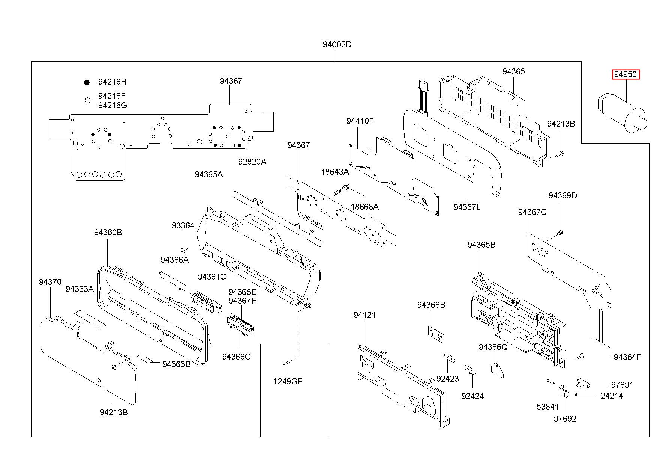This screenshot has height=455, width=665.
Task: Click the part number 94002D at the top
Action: click(x=337, y=45)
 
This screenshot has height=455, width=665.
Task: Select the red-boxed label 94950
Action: click(x=625, y=74)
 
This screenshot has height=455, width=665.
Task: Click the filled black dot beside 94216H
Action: click(x=87, y=82)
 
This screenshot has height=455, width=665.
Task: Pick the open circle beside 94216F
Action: click(x=87, y=100)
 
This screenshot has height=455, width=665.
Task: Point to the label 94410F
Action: click(x=360, y=121)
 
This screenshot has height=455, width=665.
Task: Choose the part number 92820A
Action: click(x=252, y=162)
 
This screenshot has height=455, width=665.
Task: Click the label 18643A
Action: click(x=335, y=172)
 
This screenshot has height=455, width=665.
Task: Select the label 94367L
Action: click(x=467, y=207)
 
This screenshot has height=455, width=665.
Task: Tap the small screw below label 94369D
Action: click(x=560, y=233)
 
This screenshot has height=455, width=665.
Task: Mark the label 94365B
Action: click(x=481, y=245)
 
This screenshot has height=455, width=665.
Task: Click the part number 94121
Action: click(x=364, y=315)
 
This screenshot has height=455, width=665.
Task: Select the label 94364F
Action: click(x=627, y=357)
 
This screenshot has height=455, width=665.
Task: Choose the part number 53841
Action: click(x=548, y=407)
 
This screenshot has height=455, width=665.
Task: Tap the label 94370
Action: click(x=50, y=282)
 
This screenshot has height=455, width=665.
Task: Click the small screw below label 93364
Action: click(x=184, y=250)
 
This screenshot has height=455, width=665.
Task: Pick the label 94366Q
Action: click(x=493, y=347)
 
